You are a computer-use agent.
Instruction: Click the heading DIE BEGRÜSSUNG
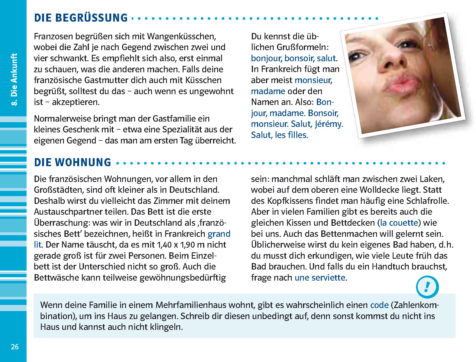81,18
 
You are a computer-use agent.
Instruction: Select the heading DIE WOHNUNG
73,163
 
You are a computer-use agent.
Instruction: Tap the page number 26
15,347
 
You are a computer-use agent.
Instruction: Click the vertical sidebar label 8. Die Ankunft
14,79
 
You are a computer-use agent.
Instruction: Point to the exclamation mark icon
427,287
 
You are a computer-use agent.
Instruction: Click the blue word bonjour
266,58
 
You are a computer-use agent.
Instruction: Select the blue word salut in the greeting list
326,58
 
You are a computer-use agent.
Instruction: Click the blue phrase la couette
399,223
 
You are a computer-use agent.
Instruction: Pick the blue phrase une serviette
320,278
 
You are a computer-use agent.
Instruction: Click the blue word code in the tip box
379,305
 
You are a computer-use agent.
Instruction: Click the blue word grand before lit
219,234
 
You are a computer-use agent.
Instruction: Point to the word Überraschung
62,223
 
